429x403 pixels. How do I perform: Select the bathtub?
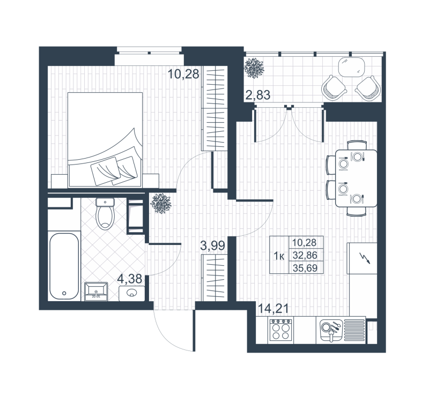(x=64, y=266)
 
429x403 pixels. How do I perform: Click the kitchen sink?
(x=330, y=329)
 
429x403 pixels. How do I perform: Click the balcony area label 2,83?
(x=257, y=96)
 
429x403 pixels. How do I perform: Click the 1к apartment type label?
(x=279, y=256)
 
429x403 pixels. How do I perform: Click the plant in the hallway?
(x=160, y=203)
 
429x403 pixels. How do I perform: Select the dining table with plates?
(x=356, y=178)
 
